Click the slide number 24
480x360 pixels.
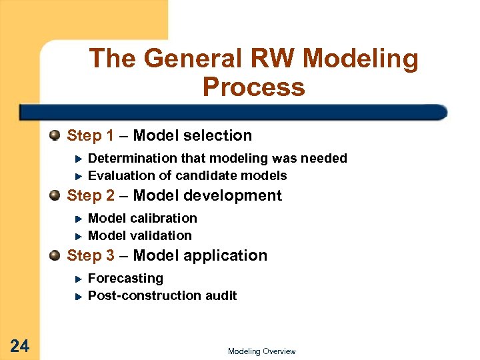coord(20,345)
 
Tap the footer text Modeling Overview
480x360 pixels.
coord(261,351)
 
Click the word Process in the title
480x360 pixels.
coord(253,87)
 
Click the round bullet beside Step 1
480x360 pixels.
coord(55,136)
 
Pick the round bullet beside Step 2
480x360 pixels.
coord(55,196)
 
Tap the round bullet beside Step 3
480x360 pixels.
coord(55,256)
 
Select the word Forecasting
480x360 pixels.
coord(125,279)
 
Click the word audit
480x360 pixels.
coord(221,296)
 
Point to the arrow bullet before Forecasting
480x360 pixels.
coord(77,279)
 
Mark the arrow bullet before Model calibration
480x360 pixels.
coord(77,219)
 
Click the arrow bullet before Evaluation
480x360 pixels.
coord(77,176)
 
